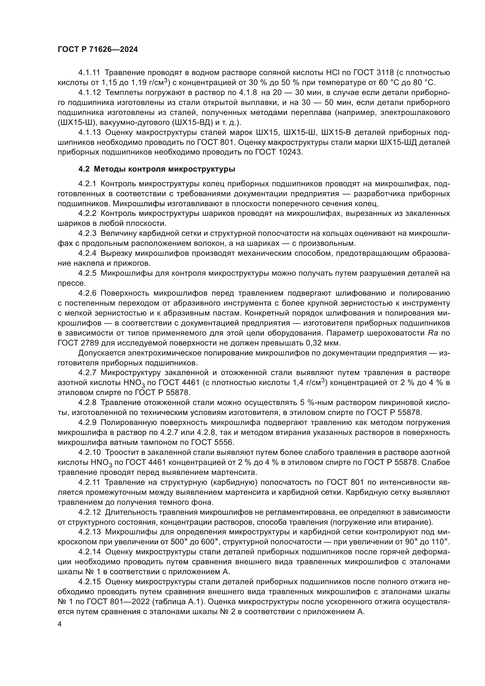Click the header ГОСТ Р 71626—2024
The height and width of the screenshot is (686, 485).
point(98,50)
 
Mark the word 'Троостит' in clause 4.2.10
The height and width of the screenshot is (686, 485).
point(124,452)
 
